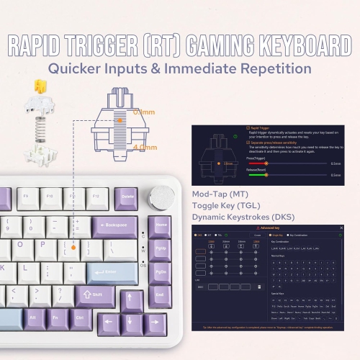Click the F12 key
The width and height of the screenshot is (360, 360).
click(x=96, y=197)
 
